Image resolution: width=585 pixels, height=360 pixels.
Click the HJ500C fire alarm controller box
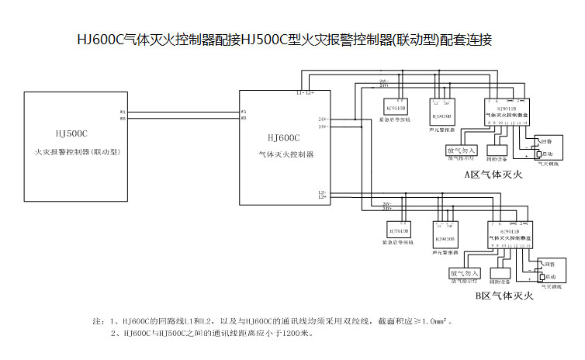click(74, 147)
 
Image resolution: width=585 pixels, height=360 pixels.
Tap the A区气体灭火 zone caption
click(493, 175)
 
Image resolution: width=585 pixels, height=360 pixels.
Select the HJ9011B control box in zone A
click(506, 112)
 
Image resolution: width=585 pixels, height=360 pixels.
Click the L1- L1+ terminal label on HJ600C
click(304, 93)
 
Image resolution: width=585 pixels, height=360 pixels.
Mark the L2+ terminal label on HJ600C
click(321, 198)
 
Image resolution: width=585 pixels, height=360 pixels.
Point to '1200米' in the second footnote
click(295, 334)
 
